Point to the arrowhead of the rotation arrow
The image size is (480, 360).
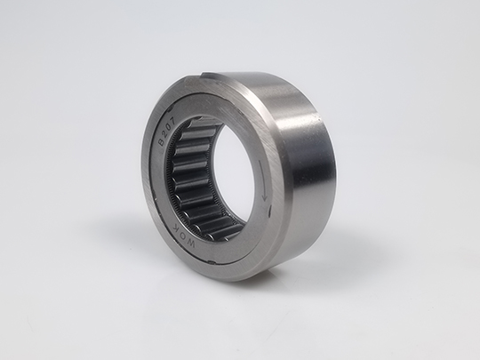click(264, 198)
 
